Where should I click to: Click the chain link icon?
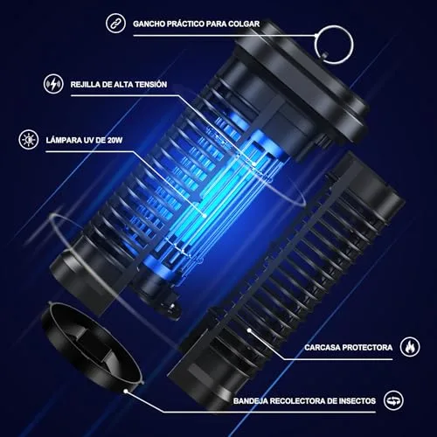coord(115,24)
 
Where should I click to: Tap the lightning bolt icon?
coord(53,84)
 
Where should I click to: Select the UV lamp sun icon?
coord(29,140)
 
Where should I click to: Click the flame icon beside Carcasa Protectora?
coord(410,347)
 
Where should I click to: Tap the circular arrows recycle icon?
coord(393,400)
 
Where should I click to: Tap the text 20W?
coord(114,141)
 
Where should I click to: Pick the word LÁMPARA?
coord(59,140)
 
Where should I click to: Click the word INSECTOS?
coord(357,401)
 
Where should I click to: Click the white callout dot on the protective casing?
coord(249,330)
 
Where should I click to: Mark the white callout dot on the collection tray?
coord(126,391)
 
